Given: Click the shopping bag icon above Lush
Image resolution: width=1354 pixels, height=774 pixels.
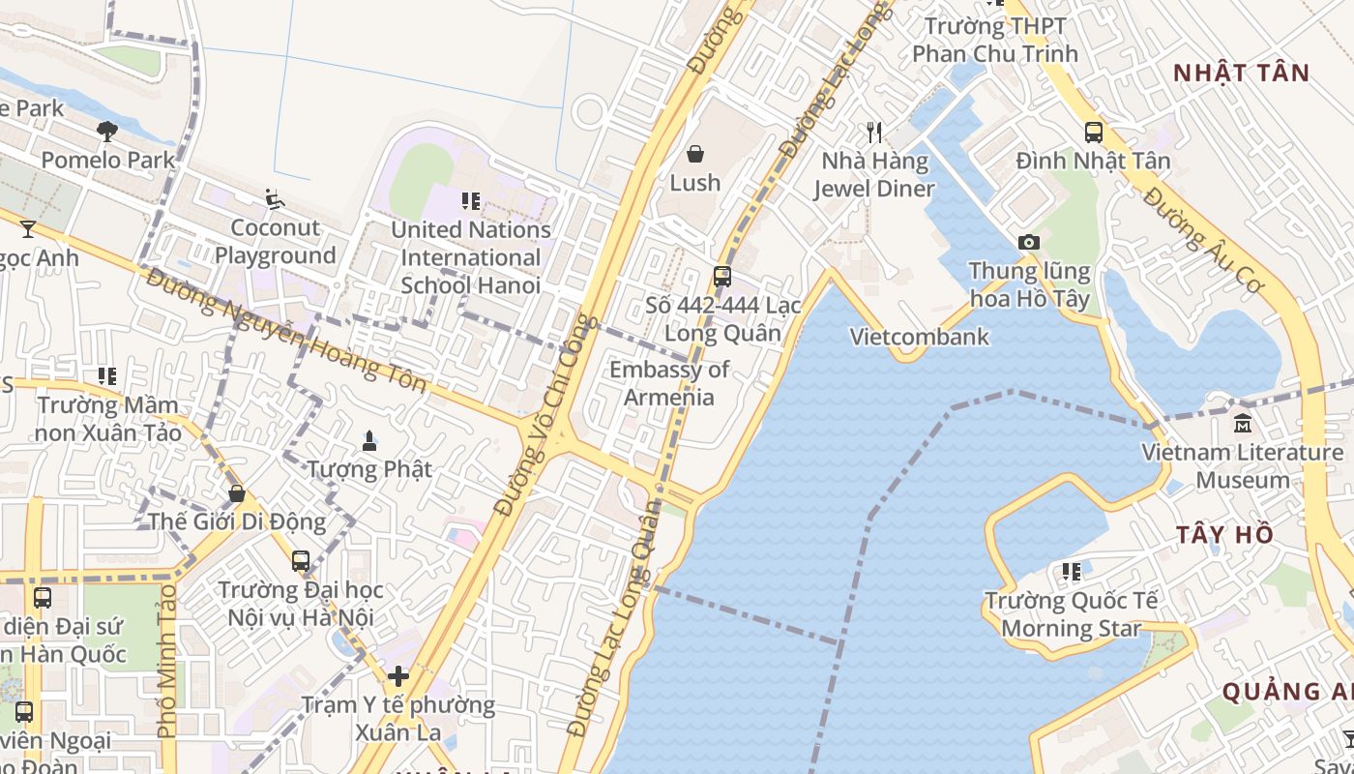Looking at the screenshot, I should coord(694,154).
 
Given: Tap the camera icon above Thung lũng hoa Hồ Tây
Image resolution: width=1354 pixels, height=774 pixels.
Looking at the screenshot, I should coord(1028,242).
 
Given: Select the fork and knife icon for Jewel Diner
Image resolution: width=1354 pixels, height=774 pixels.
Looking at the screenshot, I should coord(874,132).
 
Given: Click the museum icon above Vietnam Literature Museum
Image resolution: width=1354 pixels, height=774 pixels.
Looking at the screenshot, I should coord(1243,424).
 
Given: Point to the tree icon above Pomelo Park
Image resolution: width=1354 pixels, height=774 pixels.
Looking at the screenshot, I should coord(107,131).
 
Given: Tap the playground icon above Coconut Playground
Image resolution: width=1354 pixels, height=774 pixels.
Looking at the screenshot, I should coord(275,199).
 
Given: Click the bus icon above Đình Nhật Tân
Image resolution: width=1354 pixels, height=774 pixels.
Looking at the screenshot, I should coord(1093,133).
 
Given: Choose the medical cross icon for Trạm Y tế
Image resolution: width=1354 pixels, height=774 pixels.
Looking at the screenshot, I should coord(397,676).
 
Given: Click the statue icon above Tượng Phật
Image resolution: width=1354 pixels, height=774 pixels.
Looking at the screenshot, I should coord(368,441).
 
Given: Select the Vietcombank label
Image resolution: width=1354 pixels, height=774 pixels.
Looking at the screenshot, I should coord(919,337).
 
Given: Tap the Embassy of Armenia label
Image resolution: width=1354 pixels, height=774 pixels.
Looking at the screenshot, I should coord(669,383).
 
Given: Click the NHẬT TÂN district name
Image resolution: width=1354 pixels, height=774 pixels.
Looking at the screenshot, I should coord(1241,73).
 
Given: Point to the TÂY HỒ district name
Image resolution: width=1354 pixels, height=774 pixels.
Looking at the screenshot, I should coord(1224,535).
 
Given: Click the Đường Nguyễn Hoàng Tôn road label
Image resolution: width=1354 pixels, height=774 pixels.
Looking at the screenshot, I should coord(286,330).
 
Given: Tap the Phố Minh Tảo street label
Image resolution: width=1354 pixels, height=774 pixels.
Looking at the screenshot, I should coord(167,660).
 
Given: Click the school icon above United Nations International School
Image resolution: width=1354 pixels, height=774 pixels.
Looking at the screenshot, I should coord(471,201).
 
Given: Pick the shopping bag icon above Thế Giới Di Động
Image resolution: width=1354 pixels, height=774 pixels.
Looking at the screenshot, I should coord(236,494).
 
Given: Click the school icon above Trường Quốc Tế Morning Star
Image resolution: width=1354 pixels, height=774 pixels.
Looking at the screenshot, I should coord(1071,572).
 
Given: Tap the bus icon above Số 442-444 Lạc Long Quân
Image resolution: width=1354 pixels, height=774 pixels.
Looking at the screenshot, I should coord(721,277).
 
